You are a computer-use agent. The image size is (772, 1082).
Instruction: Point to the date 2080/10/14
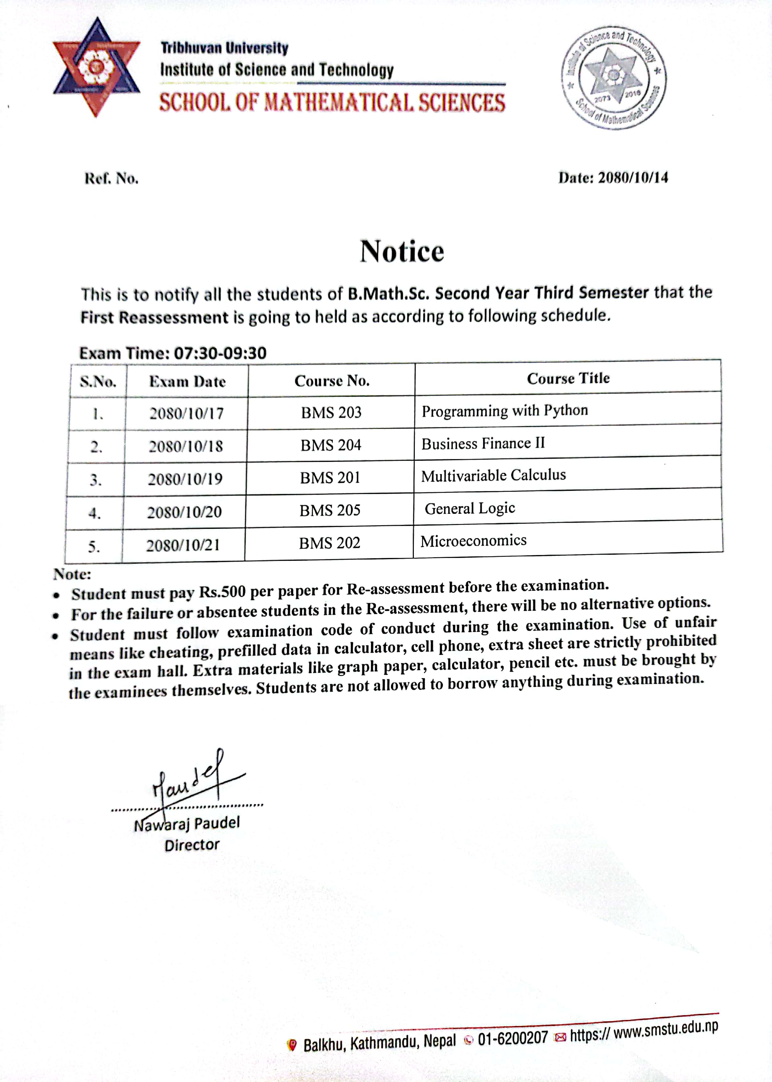(633, 178)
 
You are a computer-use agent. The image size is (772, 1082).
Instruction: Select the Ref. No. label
(111, 179)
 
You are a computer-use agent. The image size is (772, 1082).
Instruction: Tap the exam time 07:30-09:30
(220, 353)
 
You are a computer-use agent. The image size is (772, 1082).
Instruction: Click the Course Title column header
(568, 379)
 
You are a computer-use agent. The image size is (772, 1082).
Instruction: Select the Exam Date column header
(187, 381)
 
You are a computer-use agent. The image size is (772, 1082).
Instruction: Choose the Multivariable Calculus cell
(493, 475)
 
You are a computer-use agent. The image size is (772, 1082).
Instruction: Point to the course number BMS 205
(330, 510)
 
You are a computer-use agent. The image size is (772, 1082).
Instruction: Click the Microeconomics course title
(474, 541)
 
